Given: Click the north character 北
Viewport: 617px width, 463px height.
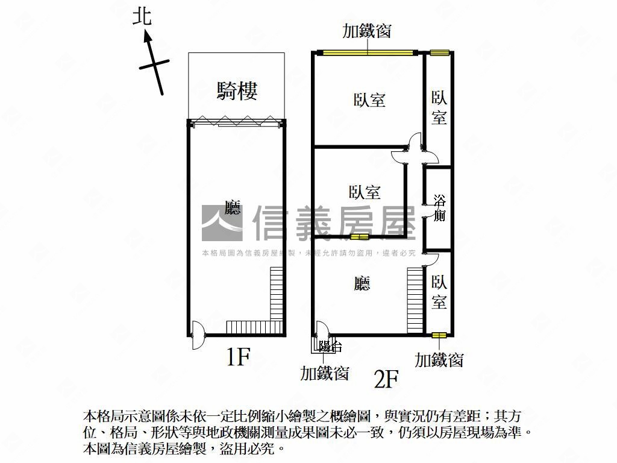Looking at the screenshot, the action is tap(142, 17).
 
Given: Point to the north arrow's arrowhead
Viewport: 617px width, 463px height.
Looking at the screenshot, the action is tap(148, 37).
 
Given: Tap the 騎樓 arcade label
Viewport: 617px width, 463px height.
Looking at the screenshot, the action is tap(237, 90).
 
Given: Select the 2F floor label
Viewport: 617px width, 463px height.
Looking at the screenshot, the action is tap(386, 379).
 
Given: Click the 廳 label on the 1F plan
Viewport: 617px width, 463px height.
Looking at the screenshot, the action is tap(233, 207).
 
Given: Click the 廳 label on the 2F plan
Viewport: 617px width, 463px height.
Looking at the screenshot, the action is tap(362, 283).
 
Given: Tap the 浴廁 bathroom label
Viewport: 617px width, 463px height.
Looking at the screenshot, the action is tap(439, 208).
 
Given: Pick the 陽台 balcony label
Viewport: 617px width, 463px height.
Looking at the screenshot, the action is tap(330, 347).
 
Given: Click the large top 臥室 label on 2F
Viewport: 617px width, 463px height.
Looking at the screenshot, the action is tap(369, 100).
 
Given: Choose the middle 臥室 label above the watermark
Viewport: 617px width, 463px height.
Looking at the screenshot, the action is tap(365, 192).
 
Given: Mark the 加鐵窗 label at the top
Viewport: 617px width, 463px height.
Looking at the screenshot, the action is tap(367, 31).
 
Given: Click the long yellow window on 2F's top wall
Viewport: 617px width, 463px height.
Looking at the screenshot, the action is tap(368, 52).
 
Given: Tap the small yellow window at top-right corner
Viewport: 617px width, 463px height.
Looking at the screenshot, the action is tap(439, 52).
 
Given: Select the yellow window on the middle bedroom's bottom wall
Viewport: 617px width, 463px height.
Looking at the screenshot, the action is tap(359, 236).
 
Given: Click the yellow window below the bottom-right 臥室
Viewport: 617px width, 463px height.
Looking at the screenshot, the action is tap(439, 335).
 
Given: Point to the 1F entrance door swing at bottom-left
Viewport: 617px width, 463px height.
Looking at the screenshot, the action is tap(198, 335).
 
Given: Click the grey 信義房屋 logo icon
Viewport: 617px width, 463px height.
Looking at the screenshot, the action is tap(222, 223).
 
